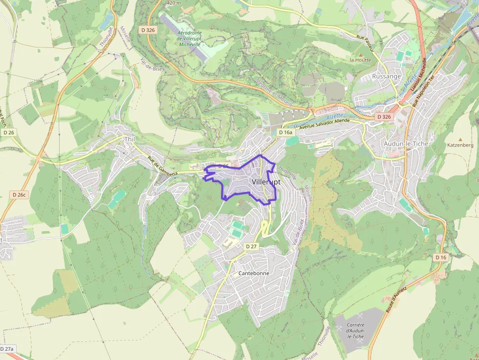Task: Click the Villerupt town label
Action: click(x=266, y=181)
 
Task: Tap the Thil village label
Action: click(x=129, y=139)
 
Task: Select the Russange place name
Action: click(x=386, y=76)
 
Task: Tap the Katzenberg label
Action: click(x=460, y=145)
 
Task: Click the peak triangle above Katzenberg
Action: click(x=460, y=139)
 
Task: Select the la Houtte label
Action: click(x=360, y=60)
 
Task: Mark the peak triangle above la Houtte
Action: click(x=360, y=54)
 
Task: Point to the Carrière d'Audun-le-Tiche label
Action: click(x=355, y=331)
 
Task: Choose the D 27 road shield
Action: click(x=251, y=246)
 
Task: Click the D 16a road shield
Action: click(x=285, y=132)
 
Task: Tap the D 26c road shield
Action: click(x=18, y=195)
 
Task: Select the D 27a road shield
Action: click(x=7, y=349)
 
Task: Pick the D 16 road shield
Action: click(x=441, y=257)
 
